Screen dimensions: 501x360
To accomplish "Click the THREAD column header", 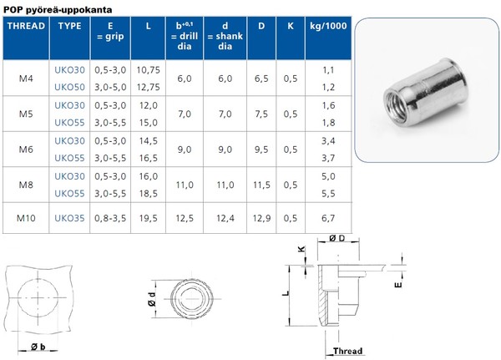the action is [x=26, y=26].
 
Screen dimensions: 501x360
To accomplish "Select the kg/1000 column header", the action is [x=328, y=26].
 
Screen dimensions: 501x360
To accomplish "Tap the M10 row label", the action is [x=26, y=218].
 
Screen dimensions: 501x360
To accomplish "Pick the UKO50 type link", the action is [x=69, y=87].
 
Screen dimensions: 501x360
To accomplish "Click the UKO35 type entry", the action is [x=69, y=218].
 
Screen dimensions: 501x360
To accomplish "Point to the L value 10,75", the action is [x=149, y=70].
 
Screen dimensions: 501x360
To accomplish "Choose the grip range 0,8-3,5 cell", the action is [x=110, y=218].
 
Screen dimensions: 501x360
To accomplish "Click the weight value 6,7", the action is [x=328, y=218].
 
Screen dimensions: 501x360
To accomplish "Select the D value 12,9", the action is [x=261, y=218].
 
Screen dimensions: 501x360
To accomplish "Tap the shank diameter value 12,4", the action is [x=225, y=218].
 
